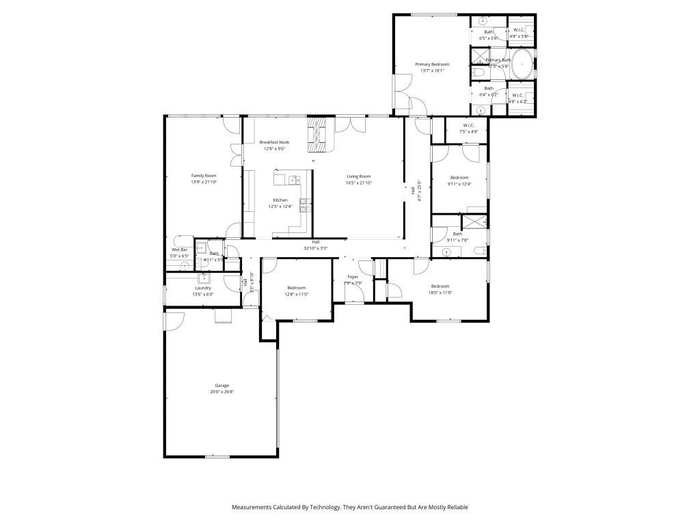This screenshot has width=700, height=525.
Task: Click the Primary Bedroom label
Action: point(431,64)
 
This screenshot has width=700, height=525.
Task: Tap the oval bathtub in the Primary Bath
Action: point(522,64)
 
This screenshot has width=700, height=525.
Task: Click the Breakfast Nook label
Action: point(274,142)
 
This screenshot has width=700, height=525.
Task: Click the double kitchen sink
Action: point(294,180)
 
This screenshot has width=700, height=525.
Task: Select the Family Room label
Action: point(203,176)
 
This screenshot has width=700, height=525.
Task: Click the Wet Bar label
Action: point(178,250)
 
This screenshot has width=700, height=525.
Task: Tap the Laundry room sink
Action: point(204,278)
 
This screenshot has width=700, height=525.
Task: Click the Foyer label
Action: point(352,277)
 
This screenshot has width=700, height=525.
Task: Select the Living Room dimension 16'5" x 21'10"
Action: point(358,183)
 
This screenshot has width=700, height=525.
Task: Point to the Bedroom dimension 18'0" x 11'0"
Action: point(440,293)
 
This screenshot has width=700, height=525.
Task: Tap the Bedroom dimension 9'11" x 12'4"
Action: point(459,183)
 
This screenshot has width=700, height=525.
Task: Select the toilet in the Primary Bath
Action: point(478,72)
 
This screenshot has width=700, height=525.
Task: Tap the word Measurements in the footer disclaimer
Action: point(252,507)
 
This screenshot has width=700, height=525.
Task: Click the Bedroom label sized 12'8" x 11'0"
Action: point(297,288)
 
